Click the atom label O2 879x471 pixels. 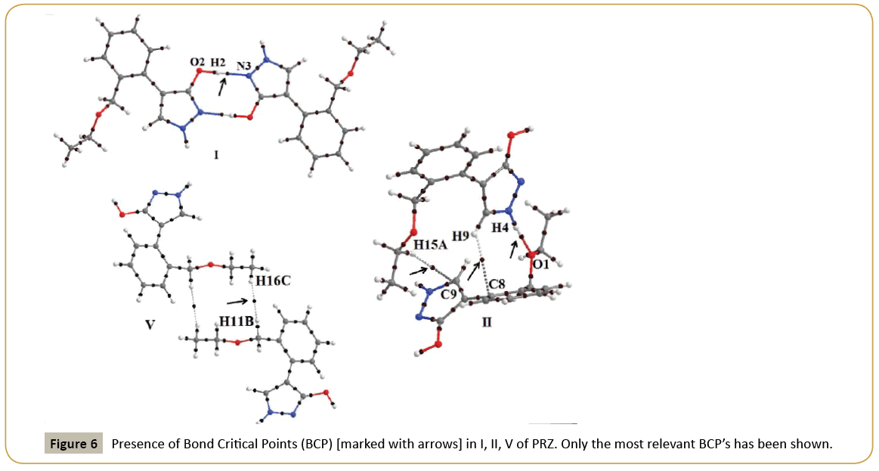197,60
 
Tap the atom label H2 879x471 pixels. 218,60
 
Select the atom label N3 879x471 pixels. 243,66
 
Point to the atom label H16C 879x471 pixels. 272,280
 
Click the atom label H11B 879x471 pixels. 236,322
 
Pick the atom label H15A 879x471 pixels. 432,244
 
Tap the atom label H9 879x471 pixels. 460,234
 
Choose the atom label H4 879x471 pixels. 500,226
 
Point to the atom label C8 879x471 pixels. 497,284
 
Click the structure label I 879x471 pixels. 215,155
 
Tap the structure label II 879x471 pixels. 487,322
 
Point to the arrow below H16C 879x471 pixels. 236,301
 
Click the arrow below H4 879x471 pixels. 513,249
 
